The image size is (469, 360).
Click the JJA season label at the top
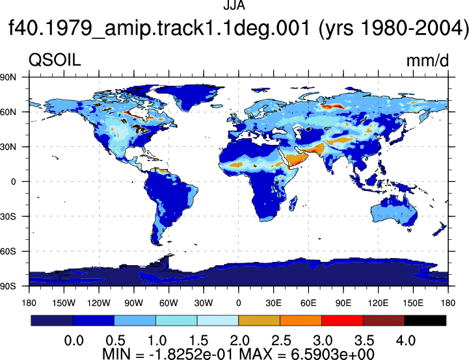pos(234,5)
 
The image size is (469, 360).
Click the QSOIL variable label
pos(55,60)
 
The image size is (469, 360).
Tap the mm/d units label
pos(427,60)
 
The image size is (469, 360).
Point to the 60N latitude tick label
pos(8,112)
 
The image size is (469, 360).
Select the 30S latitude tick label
pos(8,216)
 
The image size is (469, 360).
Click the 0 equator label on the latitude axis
pos(13,182)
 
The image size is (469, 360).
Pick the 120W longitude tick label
pos(99,303)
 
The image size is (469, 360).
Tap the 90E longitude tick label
pos(343,303)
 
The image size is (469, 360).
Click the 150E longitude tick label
pos(413,303)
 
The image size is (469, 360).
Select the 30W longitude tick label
pos(204,303)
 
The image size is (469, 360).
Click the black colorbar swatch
pos(425,320)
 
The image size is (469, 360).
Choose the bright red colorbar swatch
pos(342,320)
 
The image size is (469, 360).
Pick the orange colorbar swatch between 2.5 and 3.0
pos(301,320)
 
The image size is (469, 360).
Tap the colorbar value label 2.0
pos(239,341)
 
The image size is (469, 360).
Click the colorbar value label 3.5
pos(364,341)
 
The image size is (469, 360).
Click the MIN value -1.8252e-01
pos(191,354)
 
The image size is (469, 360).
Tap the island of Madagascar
pos(293,203)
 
